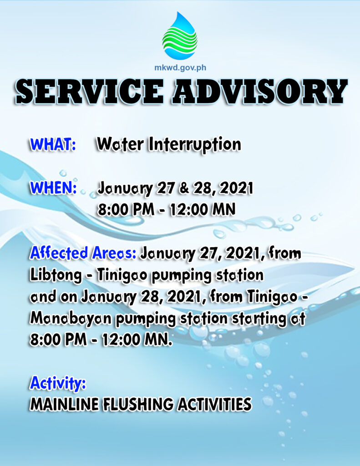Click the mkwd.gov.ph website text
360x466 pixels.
click(x=180, y=68)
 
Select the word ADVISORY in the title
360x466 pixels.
click(x=259, y=91)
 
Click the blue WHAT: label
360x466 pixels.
click(x=53, y=144)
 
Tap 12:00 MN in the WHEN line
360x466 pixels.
click(x=203, y=209)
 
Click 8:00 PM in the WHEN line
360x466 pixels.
click(x=126, y=209)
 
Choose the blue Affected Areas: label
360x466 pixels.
click(x=83, y=253)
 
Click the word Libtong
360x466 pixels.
click(x=56, y=276)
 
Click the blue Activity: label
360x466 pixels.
click(x=58, y=383)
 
